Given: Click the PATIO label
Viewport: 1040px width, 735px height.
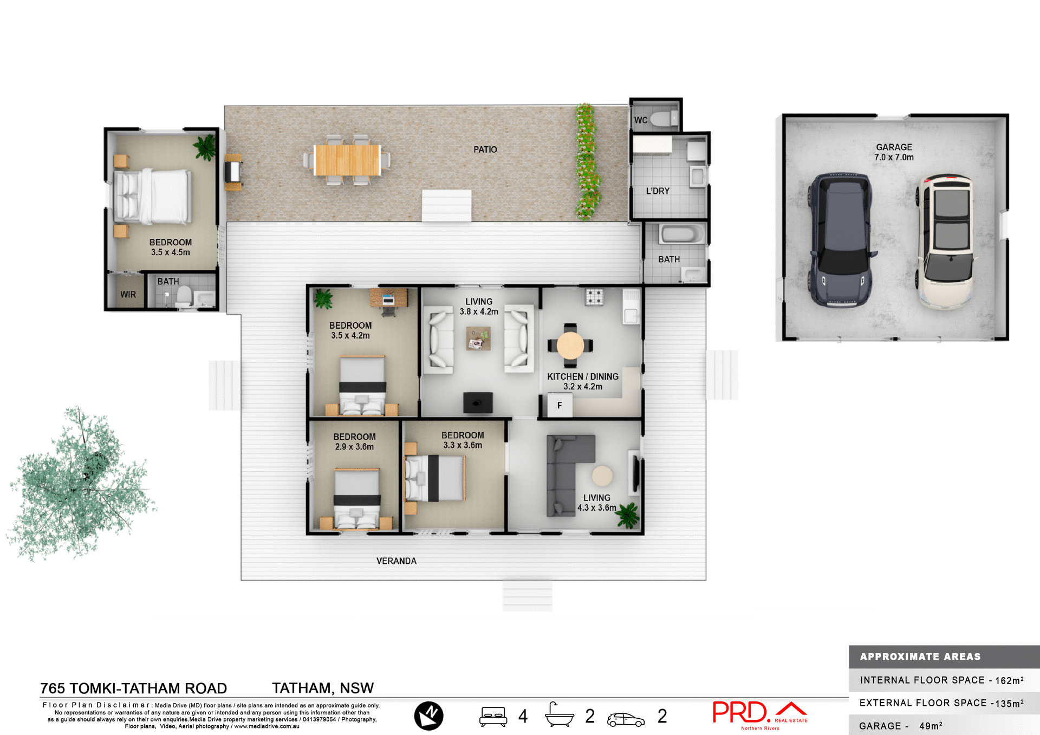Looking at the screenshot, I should [485, 149].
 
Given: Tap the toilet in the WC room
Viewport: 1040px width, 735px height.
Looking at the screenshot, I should [664, 118].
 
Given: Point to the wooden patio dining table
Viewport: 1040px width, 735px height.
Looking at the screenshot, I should [347, 160].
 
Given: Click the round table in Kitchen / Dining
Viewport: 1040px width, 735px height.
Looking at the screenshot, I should [570, 345].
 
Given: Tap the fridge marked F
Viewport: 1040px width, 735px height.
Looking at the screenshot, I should [560, 405].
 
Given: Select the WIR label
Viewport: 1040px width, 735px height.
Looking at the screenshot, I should [128, 295].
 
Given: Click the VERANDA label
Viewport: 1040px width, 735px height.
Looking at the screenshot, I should [396, 561].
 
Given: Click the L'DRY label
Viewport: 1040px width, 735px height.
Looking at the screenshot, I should [658, 191].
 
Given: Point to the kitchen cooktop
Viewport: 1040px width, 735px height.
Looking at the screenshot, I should [594, 297].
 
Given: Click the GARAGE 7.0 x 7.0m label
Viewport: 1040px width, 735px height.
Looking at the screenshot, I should [894, 152].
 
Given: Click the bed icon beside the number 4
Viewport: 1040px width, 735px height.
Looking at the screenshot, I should [493, 716].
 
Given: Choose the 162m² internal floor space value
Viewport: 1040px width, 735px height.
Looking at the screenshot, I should [1009, 681].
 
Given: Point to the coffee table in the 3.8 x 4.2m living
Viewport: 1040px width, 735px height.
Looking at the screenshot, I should [478, 339].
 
